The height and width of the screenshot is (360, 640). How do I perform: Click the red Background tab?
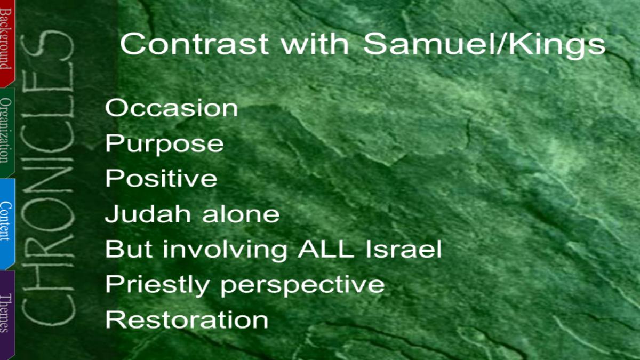pos(7,43)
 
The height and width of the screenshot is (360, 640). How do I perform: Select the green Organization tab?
pos(7,132)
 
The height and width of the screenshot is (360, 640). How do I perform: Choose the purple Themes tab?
pos(7,314)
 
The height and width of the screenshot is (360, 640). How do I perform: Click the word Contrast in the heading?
pos(194,44)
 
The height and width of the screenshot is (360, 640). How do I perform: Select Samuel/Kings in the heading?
pos(484,45)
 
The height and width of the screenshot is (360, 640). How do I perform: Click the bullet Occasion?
pos(171,108)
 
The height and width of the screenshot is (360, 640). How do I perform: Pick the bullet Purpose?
pos(164,145)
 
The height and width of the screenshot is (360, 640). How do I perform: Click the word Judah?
pos(148,213)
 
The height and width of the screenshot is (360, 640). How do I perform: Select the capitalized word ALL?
pos(326,249)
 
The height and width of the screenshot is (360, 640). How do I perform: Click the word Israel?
pos(404,249)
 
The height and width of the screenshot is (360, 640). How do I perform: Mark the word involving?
pos(225,251)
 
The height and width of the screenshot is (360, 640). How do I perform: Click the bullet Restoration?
pos(187,319)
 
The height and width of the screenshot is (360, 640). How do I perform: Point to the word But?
pos(129,249)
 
